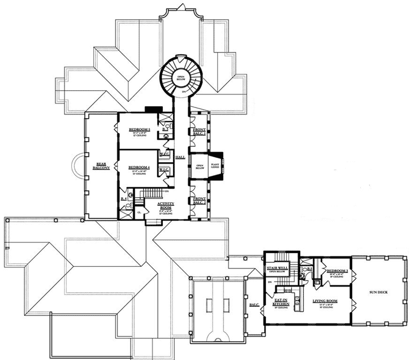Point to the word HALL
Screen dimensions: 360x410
tap(181, 157)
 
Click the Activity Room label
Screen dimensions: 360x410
tap(165, 206)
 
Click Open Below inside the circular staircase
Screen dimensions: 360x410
tap(180, 79)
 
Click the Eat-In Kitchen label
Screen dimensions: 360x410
tap(281, 302)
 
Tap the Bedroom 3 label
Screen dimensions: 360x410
tap(337, 272)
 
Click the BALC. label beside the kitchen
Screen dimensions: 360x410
tap(254, 305)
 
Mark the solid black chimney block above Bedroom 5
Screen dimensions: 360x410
tap(153, 110)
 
